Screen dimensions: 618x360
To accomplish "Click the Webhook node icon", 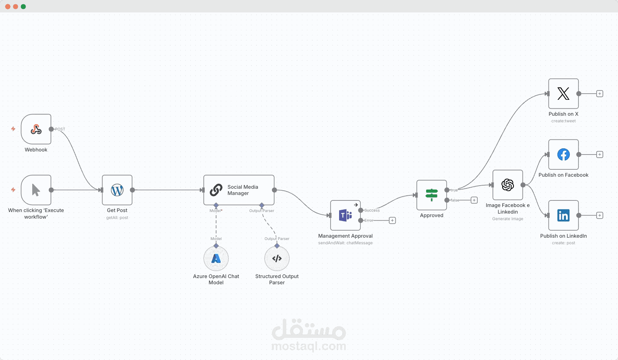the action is pos(36,129).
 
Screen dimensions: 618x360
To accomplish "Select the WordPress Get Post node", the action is pos(117,190).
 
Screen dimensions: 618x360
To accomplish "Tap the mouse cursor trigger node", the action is pos(36,190).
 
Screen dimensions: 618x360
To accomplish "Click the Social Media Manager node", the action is pos(239,190).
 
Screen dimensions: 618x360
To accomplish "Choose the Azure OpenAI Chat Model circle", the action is pos(216,259).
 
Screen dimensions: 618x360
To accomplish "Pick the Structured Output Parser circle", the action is pos(277,259).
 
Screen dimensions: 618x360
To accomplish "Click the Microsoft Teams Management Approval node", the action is pos(345,216).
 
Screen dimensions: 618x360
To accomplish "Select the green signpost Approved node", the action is pos(432,195).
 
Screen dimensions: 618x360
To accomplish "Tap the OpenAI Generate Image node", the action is pos(508,185).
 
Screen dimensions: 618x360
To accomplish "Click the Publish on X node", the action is pos(563,94).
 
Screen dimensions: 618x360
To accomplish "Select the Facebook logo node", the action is pos(563,155).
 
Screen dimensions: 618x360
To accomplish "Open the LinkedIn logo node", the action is pos(563,216).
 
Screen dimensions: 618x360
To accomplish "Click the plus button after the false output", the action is pos(474,200).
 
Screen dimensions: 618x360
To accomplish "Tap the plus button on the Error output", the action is pos(392,221).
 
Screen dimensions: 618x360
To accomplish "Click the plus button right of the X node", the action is pos(599,94).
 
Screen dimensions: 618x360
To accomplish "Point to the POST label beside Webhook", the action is pos(60,129).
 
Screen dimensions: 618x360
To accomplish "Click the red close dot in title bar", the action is pos(8,7).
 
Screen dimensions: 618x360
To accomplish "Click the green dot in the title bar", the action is pos(23,7).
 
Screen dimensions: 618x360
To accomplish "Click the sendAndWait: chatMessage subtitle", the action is pos(345,243).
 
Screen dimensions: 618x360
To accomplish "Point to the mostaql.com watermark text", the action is pos(309,346).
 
